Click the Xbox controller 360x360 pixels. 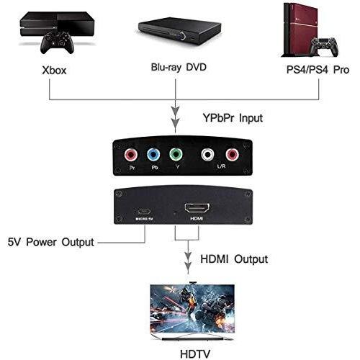pos(57,42)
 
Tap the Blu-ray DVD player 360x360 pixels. pos(179,31)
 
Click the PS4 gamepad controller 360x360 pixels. pos(324,47)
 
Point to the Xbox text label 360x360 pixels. pos(54,71)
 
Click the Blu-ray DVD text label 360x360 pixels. pos(179,67)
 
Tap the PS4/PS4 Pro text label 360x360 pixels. pos(318,70)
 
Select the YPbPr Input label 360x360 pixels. pos(233,118)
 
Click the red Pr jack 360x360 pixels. pos(131,155)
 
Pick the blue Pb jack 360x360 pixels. pos(153,155)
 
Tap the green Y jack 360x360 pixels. pos(176,154)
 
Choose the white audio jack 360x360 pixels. pos(207,155)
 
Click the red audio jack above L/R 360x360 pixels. pos(232,155)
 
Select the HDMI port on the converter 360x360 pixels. pos(197,208)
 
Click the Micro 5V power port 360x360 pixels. pos(144,212)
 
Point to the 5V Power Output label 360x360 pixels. pos(50,242)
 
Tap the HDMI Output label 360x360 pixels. pos(234,259)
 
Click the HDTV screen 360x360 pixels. pos(192,309)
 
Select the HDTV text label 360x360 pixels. pos(195,354)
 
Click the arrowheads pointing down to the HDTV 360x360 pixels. pos(188,261)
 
